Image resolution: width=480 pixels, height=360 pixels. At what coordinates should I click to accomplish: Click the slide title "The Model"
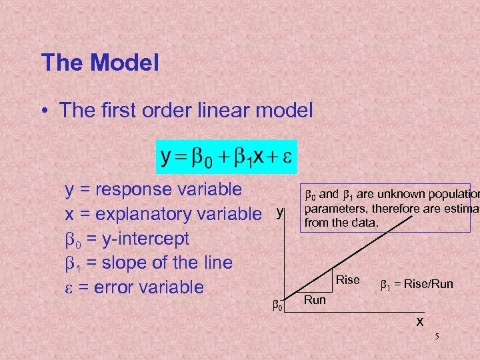(x=100, y=63)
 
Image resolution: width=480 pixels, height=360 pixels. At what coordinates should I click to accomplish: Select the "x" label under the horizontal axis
(x=419, y=321)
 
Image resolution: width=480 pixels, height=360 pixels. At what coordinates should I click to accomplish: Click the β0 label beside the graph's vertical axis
(x=279, y=305)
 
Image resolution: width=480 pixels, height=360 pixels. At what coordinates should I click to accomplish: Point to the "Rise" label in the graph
(x=347, y=280)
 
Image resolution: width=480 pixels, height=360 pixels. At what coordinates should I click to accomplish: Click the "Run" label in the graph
(x=315, y=300)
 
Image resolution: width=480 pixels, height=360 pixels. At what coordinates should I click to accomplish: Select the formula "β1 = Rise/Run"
(x=416, y=285)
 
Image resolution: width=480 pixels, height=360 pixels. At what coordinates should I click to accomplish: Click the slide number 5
(x=437, y=337)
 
